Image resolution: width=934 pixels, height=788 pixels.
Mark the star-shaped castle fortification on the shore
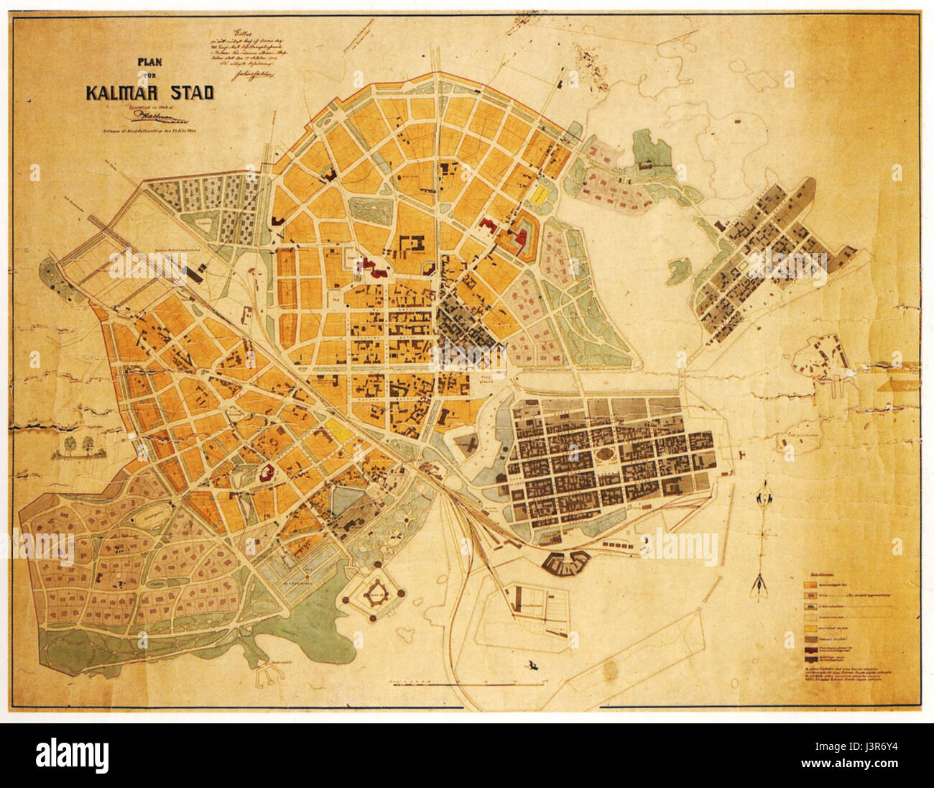click(x=375, y=594)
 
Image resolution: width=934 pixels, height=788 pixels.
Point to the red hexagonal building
click(x=267, y=473)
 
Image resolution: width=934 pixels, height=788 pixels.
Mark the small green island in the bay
click(x=678, y=271)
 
